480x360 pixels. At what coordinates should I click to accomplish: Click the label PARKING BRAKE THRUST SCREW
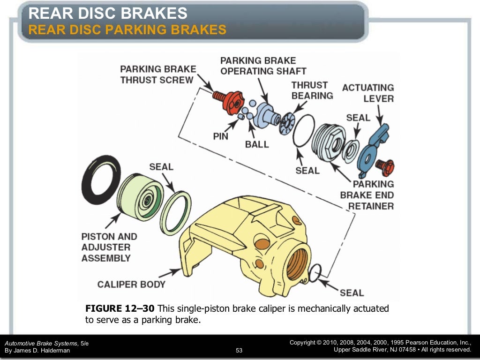point(157,75)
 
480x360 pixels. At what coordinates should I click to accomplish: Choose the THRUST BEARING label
point(312,90)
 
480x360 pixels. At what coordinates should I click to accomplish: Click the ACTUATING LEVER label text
point(368,93)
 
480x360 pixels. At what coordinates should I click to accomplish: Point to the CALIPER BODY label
point(131,284)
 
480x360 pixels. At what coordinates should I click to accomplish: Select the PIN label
point(221,136)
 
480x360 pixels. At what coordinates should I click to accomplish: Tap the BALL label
point(257,144)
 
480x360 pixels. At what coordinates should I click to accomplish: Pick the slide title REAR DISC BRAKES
point(108,14)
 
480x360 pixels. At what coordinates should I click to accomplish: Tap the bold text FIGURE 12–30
point(120,308)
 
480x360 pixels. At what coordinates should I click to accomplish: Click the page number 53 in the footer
point(239,350)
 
